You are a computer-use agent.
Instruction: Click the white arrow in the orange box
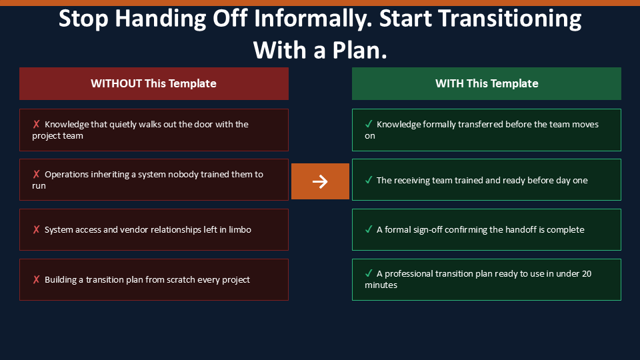point(320,181)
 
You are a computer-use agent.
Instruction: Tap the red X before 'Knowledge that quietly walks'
point(36,124)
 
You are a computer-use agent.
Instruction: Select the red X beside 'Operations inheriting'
point(36,174)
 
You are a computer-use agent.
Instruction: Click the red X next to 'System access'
point(36,229)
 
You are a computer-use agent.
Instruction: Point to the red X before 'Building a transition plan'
point(36,279)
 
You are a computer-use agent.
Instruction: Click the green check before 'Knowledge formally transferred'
point(369,124)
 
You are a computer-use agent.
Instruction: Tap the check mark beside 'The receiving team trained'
point(369,179)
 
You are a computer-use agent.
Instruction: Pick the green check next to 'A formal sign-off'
point(369,229)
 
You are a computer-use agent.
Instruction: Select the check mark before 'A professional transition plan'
point(369,273)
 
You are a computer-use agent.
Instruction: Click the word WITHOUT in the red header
point(116,84)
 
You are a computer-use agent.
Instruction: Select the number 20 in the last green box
point(587,273)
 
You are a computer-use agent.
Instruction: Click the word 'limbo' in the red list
point(240,229)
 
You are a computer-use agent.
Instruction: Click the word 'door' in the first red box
point(203,124)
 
